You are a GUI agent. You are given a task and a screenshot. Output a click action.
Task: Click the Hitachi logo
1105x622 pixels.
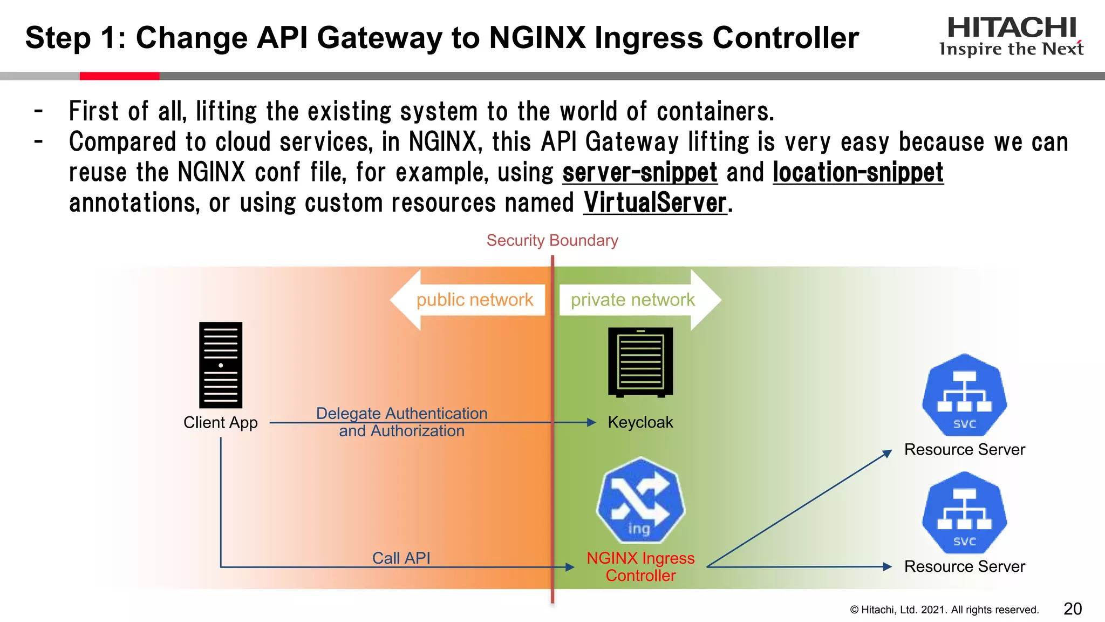tap(1011, 36)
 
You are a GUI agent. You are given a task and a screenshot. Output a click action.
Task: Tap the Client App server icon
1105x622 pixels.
tap(221, 365)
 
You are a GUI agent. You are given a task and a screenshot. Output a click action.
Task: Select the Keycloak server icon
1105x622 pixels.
tap(640, 362)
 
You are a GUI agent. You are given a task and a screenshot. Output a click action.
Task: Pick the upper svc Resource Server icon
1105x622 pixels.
tap(964, 395)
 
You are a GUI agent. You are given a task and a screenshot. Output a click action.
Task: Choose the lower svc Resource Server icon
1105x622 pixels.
tap(964, 512)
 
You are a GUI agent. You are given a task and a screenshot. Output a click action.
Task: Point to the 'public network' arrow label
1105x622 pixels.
tap(474, 300)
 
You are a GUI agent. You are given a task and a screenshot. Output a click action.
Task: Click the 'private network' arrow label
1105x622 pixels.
tap(632, 300)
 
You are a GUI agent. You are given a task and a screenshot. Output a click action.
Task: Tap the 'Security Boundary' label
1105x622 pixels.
tap(552, 240)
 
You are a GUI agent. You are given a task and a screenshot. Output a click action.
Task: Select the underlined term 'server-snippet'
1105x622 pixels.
tap(640, 173)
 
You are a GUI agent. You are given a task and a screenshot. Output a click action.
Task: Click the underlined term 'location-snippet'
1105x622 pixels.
tap(858, 173)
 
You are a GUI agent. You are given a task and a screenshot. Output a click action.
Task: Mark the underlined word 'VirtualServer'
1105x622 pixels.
tap(655, 203)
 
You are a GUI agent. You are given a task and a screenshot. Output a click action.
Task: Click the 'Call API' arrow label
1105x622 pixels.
tap(401, 558)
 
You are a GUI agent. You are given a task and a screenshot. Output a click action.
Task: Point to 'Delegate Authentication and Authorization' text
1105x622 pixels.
tap(401, 422)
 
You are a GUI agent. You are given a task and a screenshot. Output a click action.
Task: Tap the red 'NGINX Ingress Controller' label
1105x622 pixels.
tap(640, 566)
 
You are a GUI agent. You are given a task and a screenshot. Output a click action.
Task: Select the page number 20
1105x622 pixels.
tap(1073, 609)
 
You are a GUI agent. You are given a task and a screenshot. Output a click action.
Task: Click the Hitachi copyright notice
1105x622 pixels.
tap(944, 610)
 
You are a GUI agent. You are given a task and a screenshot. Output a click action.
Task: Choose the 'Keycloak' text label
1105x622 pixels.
tap(640, 422)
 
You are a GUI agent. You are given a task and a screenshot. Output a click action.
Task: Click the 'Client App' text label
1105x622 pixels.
tap(221, 422)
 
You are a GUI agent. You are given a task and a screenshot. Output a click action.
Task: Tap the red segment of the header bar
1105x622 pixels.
tap(119, 76)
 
